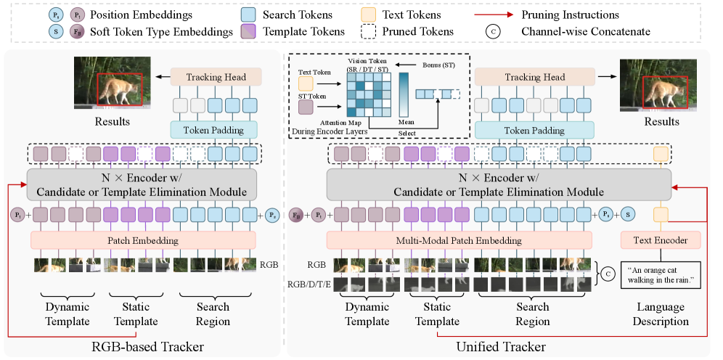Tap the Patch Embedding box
pyautogui.click(x=143, y=240)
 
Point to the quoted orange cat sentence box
pyautogui.click(x=660, y=275)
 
